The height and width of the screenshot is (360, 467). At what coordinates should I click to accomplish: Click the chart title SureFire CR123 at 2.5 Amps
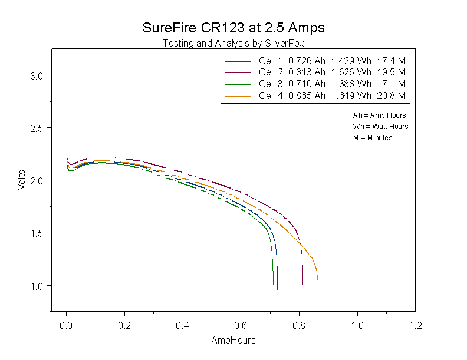click(233, 28)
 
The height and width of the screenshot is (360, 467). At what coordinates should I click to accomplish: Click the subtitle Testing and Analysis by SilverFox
click(233, 44)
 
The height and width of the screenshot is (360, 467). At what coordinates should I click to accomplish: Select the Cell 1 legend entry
click(315, 61)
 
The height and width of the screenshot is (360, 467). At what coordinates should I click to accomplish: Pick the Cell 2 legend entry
click(315, 72)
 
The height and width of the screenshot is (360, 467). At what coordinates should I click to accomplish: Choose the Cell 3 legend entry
click(315, 84)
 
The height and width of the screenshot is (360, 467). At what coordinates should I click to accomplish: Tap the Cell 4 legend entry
click(315, 96)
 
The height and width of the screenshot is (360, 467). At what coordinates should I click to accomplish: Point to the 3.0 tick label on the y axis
click(37, 76)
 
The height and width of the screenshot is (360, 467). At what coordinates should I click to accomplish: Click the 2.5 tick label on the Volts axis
click(37, 128)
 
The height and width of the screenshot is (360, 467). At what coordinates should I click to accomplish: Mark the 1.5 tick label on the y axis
click(37, 233)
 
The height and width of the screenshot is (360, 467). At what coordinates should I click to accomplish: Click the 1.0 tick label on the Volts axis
click(37, 286)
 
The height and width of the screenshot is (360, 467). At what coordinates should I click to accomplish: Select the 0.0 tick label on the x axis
click(66, 325)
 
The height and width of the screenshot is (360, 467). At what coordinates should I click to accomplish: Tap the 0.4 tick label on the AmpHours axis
click(182, 325)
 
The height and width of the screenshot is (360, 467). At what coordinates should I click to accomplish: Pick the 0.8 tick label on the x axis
click(299, 325)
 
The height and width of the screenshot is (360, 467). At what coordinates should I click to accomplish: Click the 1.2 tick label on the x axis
click(416, 325)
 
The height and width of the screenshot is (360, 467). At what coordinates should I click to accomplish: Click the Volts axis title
click(21, 180)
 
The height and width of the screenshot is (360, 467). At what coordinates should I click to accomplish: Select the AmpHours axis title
click(233, 341)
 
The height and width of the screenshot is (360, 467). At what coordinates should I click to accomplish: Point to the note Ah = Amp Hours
click(380, 115)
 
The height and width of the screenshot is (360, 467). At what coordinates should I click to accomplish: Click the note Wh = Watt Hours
click(381, 127)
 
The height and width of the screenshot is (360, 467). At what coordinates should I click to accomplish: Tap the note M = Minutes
click(373, 138)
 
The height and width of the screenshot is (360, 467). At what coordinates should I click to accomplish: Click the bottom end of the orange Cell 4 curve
click(318, 285)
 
